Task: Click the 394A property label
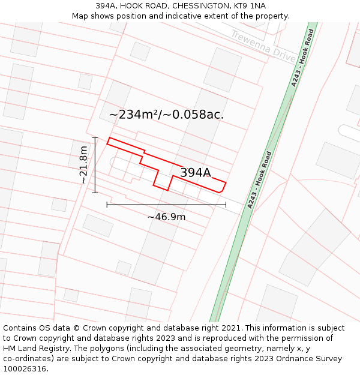point(196,173)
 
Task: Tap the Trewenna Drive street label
point(263,46)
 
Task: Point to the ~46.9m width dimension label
point(166,217)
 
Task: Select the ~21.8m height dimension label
point(83,165)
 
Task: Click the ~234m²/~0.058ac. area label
point(166,115)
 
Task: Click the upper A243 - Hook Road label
point(302,58)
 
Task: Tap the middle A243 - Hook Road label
point(260,180)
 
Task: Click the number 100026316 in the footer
point(26,369)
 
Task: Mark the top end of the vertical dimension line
point(95,137)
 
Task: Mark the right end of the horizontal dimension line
point(226,205)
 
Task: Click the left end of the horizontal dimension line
point(107,205)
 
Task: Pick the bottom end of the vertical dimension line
point(95,193)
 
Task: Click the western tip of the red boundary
point(107,142)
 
